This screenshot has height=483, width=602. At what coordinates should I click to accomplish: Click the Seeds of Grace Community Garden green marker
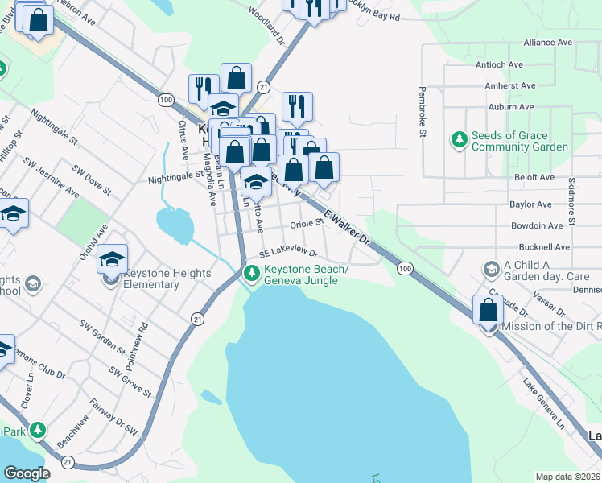click(x=460, y=140)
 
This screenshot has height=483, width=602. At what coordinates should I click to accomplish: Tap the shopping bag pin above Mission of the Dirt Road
click(x=488, y=310)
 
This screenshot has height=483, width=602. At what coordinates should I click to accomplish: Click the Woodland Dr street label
click(x=267, y=27)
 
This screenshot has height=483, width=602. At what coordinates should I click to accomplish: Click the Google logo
click(x=27, y=473)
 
